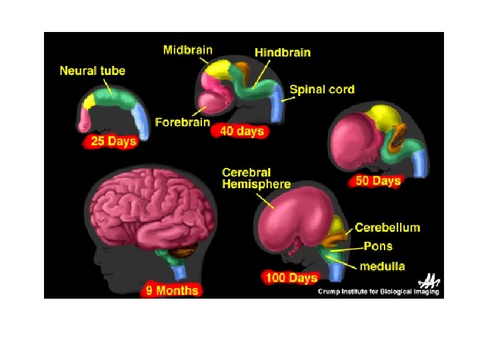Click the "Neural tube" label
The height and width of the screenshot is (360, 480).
click(93, 70)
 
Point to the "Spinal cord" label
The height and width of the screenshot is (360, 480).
click(322, 89)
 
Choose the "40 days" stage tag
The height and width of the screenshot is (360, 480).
click(241, 131)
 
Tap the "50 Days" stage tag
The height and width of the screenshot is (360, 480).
click(378, 181)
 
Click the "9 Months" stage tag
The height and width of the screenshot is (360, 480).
click(172, 290)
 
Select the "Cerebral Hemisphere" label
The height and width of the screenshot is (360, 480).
click(255, 178)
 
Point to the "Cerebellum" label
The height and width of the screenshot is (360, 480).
click(387, 227)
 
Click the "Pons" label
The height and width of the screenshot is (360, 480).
click(377, 246)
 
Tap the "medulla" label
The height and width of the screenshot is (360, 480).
click(381, 267)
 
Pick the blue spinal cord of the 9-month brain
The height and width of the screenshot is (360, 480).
click(178, 271)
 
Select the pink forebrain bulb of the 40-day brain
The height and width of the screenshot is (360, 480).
click(215, 104)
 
